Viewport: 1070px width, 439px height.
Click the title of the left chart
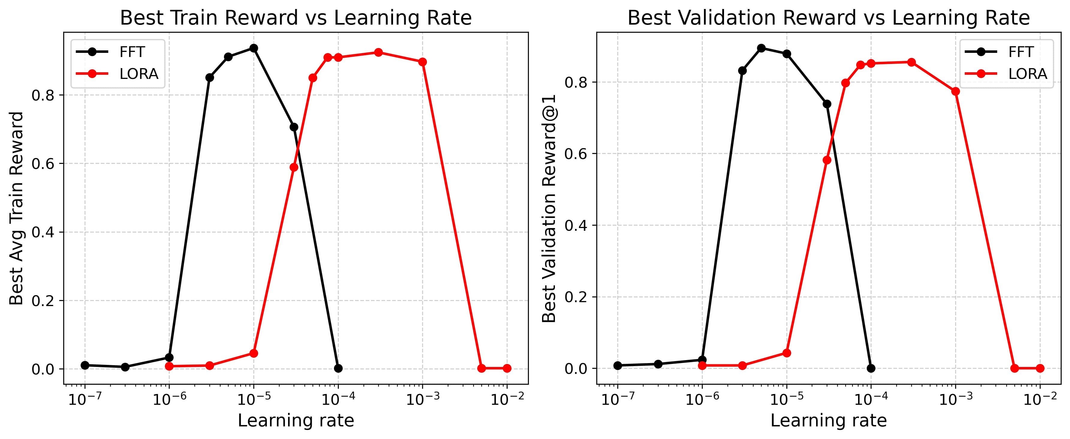point(296,18)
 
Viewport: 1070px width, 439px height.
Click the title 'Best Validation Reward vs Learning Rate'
point(828,18)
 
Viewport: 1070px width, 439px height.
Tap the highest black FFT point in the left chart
point(253,48)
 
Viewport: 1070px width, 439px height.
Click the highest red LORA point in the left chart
point(378,53)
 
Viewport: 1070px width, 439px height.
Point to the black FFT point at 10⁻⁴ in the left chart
point(338,368)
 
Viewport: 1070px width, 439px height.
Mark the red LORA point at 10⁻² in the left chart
point(507,368)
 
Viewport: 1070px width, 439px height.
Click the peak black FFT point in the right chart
point(761,48)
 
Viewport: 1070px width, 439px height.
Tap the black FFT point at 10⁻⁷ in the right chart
point(618,365)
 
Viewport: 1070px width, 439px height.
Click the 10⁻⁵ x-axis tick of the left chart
point(253,399)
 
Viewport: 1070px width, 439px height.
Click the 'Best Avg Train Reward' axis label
point(16,208)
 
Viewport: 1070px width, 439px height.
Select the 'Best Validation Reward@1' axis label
point(549,208)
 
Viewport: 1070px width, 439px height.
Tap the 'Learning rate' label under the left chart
point(296,421)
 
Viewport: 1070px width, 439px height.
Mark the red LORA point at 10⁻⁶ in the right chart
point(702,365)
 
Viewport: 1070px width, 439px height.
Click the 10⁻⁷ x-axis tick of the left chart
point(85,399)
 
